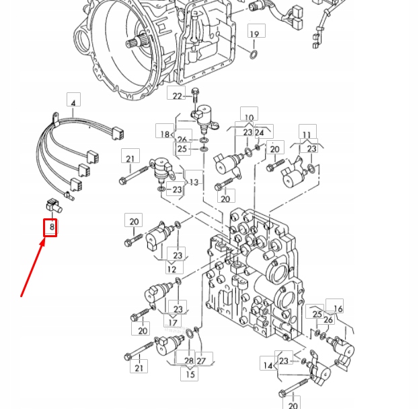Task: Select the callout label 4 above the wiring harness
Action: click(73, 101)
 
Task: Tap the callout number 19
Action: click(254, 34)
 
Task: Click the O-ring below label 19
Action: click(254, 54)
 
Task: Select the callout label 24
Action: click(260, 133)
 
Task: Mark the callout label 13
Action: click(195, 182)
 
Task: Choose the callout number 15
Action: click(191, 375)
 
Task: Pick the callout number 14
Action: click(268, 365)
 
